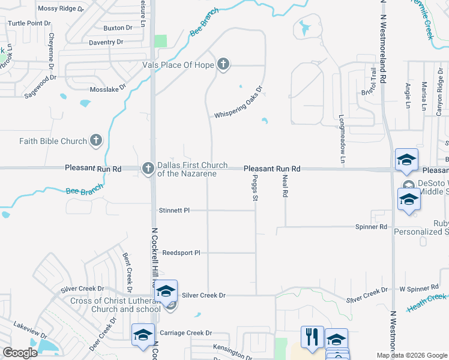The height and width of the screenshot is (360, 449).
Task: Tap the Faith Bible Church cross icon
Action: [95, 141]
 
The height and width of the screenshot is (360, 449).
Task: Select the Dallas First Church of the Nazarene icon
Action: [148, 169]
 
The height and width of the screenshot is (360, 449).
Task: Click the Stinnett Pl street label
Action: [174, 211]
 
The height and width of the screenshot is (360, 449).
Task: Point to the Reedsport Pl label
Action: [181, 253]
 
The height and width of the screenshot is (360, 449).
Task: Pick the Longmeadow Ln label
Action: [342, 139]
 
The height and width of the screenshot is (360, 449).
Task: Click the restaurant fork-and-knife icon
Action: [312, 337]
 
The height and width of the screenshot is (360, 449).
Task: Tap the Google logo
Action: [20, 353]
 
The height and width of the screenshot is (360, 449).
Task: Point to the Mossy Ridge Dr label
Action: [57, 8]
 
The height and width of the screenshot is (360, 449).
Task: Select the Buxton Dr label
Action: [118, 28]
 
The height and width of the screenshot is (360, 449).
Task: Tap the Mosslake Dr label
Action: [109, 87]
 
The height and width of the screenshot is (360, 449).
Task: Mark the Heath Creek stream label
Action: [427, 302]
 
